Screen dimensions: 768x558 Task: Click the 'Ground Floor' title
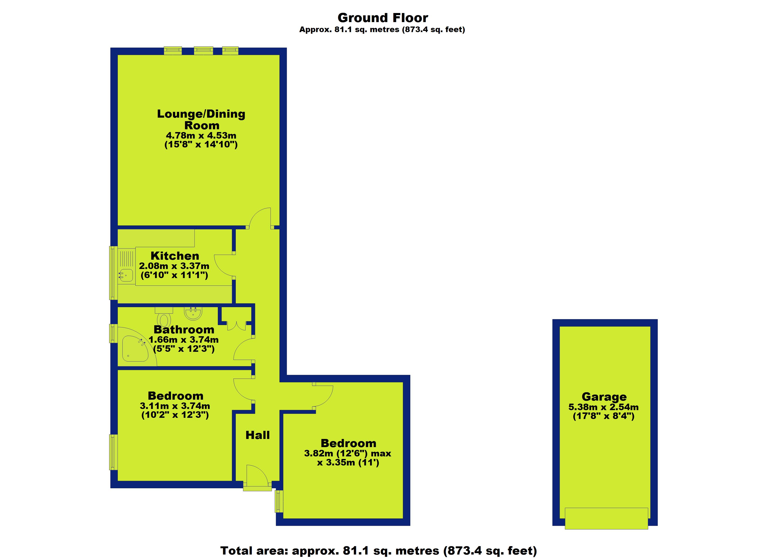click(x=383, y=18)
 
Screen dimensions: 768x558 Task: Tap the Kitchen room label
click(x=175, y=256)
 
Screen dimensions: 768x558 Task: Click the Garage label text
click(x=604, y=397)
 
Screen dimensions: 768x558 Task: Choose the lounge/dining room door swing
click(x=260, y=218)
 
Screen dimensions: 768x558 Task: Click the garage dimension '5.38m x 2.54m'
click(x=603, y=407)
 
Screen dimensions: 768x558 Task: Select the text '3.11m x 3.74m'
click(x=175, y=406)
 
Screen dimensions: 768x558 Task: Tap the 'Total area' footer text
click(x=379, y=551)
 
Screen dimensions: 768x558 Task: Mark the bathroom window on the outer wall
click(x=113, y=333)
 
